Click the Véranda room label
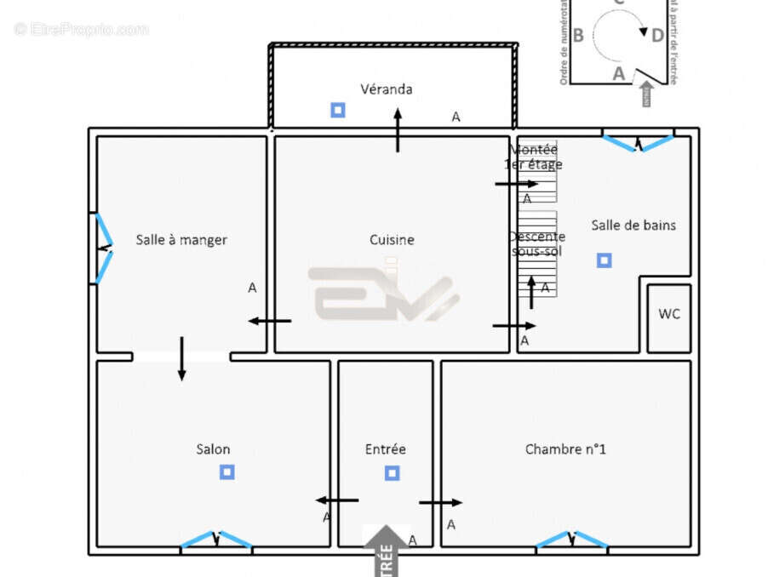386,89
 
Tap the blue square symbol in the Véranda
338,110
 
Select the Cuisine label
392,240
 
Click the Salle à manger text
181,240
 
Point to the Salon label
213,449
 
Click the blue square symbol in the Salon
226,471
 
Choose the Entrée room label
386,449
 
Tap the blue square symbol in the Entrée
392,472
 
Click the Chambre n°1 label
565,449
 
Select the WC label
669,314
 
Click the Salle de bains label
633,225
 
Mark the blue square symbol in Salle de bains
604,260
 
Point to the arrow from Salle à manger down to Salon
181,358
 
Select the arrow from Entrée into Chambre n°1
440,502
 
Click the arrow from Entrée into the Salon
337,500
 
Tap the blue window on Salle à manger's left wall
102,249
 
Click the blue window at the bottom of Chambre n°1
571,540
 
